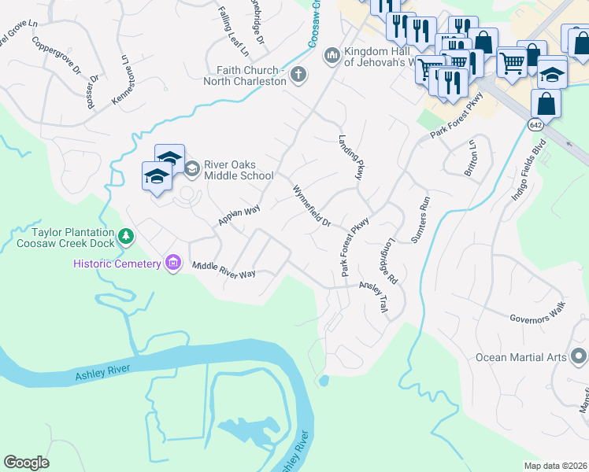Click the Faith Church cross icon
pyautogui.click(x=298, y=76)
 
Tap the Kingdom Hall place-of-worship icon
pyautogui.click(x=332, y=55)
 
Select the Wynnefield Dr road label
pyautogui.click(x=312, y=206)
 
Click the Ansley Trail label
pyautogui.click(x=374, y=299)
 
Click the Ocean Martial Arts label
pyautogui.click(x=520, y=357)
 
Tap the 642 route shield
pyautogui.click(x=535, y=125)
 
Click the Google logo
pyautogui.click(x=26, y=463)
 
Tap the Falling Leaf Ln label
pyautogui.click(x=232, y=32)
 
